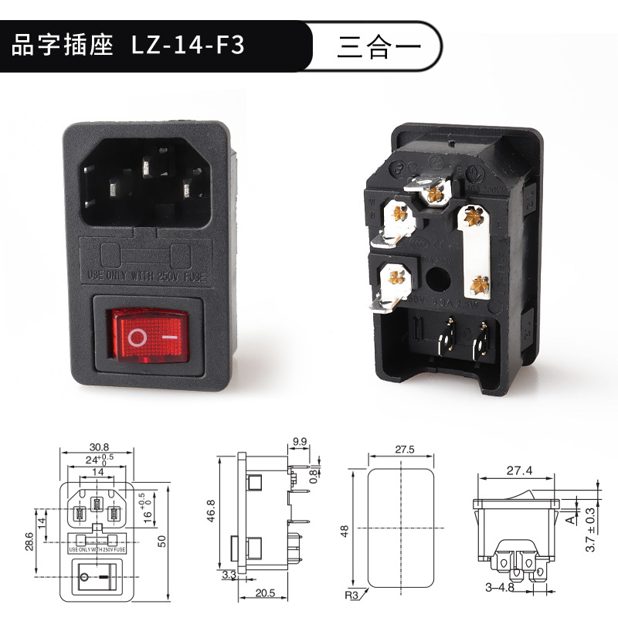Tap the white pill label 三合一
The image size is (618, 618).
[x=379, y=46]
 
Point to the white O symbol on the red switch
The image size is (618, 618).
[x=138, y=338]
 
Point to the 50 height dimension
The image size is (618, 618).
[x=161, y=541]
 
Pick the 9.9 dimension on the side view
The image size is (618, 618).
[x=300, y=443]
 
